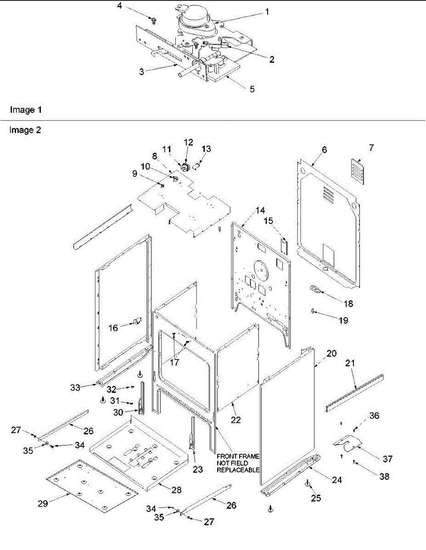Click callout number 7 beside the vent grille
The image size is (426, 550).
(x=371, y=148)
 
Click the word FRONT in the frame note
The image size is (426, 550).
(x=227, y=456)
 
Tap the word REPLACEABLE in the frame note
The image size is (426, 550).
(x=238, y=470)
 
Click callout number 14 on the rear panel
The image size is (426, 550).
(x=260, y=210)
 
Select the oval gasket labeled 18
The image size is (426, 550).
(x=315, y=289)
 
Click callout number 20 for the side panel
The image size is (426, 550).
(x=331, y=354)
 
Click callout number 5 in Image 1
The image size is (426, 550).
(x=252, y=89)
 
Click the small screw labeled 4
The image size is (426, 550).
(x=155, y=19)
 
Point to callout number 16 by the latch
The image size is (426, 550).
(x=113, y=328)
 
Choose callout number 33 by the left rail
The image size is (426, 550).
(x=76, y=387)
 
